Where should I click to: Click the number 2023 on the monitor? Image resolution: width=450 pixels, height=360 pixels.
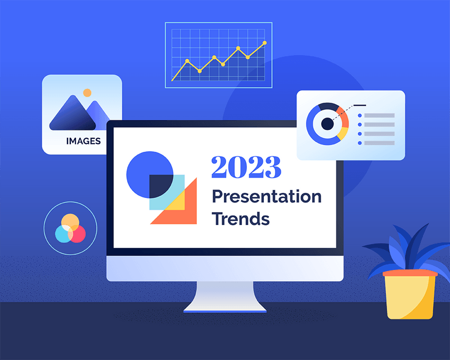tap(246, 167)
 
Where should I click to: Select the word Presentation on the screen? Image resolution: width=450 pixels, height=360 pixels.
tap(266, 197)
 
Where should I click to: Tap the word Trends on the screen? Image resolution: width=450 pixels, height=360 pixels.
tap(240, 218)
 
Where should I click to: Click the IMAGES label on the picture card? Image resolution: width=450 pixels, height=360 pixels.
tap(83, 141)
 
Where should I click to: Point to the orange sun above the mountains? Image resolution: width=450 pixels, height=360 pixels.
tap(87, 92)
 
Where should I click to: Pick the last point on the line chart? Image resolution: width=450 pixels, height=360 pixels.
tap(265, 43)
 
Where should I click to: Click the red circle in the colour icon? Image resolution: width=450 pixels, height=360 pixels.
tap(78, 233)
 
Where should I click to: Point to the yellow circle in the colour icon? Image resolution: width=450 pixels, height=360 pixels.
tap(70, 221)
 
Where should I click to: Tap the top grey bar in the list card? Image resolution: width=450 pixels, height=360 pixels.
tap(379, 115)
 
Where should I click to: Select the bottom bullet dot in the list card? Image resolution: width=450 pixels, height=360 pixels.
tap(359, 143)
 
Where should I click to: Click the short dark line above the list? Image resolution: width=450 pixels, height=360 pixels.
tap(359, 105)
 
